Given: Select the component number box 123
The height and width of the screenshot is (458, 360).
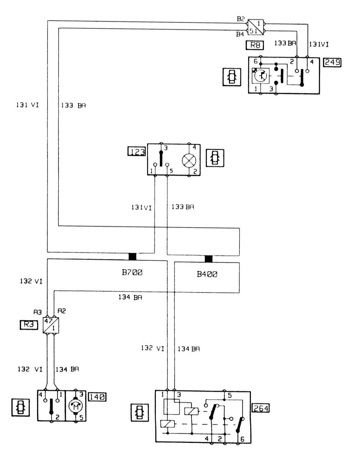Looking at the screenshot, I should click(x=137, y=151).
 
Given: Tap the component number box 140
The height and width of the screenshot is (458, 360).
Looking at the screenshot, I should click(x=97, y=397).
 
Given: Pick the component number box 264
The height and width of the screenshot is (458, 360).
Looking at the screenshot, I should click(x=261, y=408).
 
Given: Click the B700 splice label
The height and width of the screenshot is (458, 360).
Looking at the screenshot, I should click(x=132, y=273).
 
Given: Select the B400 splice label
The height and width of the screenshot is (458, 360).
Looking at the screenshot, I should click(x=207, y=274).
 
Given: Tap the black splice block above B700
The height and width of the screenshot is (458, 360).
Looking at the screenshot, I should click(x=132, y=257).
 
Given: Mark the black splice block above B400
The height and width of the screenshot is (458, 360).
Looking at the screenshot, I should click(x=208, y=259).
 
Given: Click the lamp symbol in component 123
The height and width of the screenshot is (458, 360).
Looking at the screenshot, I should click(x=189, y=160).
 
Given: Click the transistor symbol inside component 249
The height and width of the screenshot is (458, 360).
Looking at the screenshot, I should click(x=261, y=76).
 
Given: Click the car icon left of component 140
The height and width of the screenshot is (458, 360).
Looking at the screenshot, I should click(x=21, y=407).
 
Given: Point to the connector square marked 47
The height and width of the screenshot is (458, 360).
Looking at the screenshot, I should click(x=50, y=325).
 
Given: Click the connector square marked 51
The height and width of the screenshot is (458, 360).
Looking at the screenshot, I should click(x=256, y=28).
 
